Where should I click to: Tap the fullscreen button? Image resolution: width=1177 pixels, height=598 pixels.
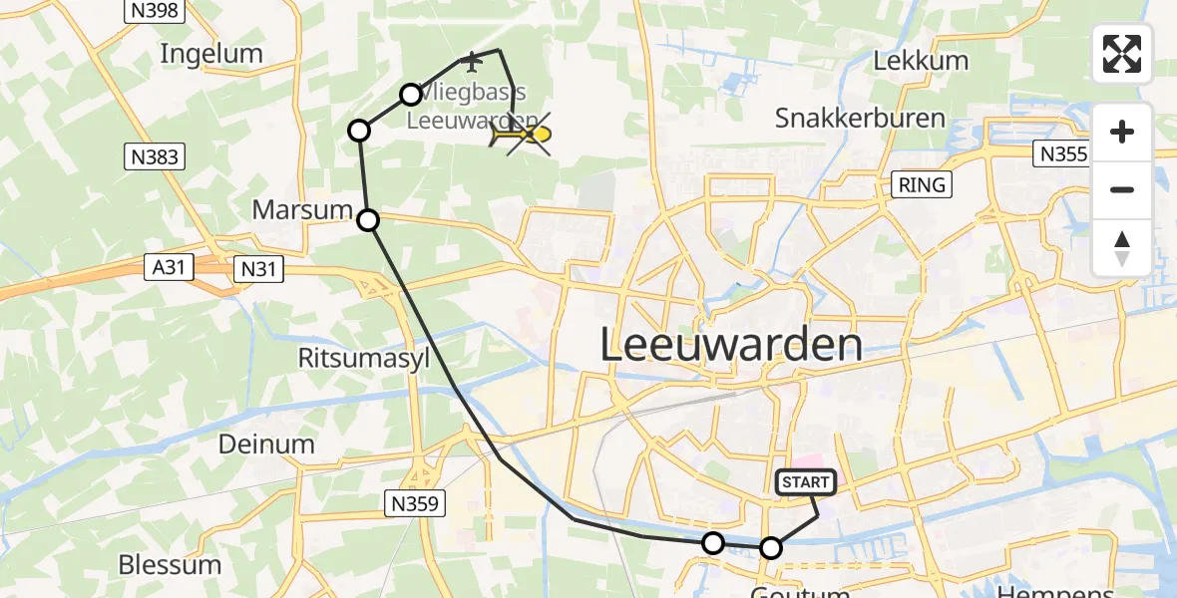pyautogui.click(x=1122, y=54)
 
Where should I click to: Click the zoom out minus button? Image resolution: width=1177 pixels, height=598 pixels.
pyautogui.click(x=1122, y=189)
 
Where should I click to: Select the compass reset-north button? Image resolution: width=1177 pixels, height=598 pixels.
pyautogui.click(x=1122, y=248)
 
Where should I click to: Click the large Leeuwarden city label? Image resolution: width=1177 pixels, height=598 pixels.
pyautogui.click(x=732, y=346)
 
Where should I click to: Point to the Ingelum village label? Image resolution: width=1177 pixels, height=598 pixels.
pyautogui.click(x=210, y=54)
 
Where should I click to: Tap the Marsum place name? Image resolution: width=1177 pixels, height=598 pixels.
pyautogui.click(x=302, y=210)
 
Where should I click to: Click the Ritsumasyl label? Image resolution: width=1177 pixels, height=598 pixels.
pyautogui.click(x=364, y=358)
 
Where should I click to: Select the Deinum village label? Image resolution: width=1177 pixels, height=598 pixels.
pyautogui.click(x=267, y=445)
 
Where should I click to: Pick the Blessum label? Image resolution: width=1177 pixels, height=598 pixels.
pyautogui.click(x=170, y=565)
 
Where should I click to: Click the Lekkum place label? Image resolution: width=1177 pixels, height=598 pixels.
pyautogui.click(x=920, y=61)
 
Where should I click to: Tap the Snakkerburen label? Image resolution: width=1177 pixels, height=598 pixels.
pyautogui.click(x=860, y=119)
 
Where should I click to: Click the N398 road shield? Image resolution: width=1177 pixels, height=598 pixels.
pyautogui.click(x=153, y=11)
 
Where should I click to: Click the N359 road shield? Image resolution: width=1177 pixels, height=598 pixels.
pyautogui.click(x=414, y=504)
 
